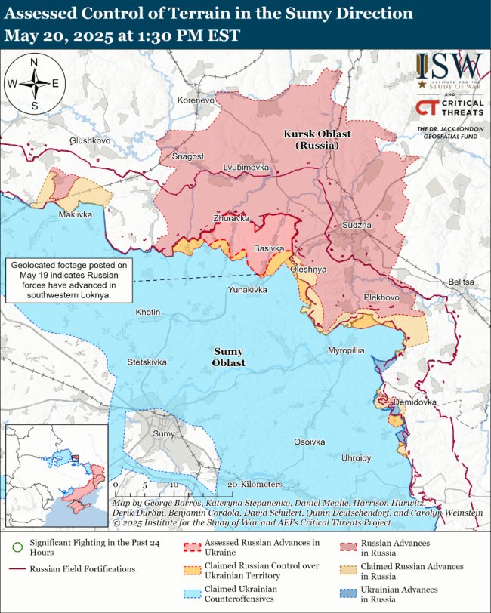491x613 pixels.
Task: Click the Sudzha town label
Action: tap(357, 225)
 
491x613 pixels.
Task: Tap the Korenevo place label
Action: tap(196, 100)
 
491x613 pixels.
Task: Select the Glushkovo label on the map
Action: tap(90, 141)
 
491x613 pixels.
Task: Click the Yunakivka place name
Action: tap(248, 289)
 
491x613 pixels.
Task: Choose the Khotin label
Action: tap(147, 312)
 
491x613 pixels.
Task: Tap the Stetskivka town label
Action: tap(147, 362)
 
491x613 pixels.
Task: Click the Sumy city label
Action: tap(163, 434)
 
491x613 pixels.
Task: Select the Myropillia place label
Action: tap(346, 351)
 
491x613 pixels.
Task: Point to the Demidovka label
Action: tap(415, 402)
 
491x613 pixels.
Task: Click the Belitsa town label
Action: tap(462, 282)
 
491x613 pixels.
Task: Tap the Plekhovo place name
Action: tap(381, 297)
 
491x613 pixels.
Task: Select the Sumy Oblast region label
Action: tap(229, 357)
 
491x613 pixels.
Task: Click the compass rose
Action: tap(35, 84)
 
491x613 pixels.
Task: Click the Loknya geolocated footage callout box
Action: tap(69, 281)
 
